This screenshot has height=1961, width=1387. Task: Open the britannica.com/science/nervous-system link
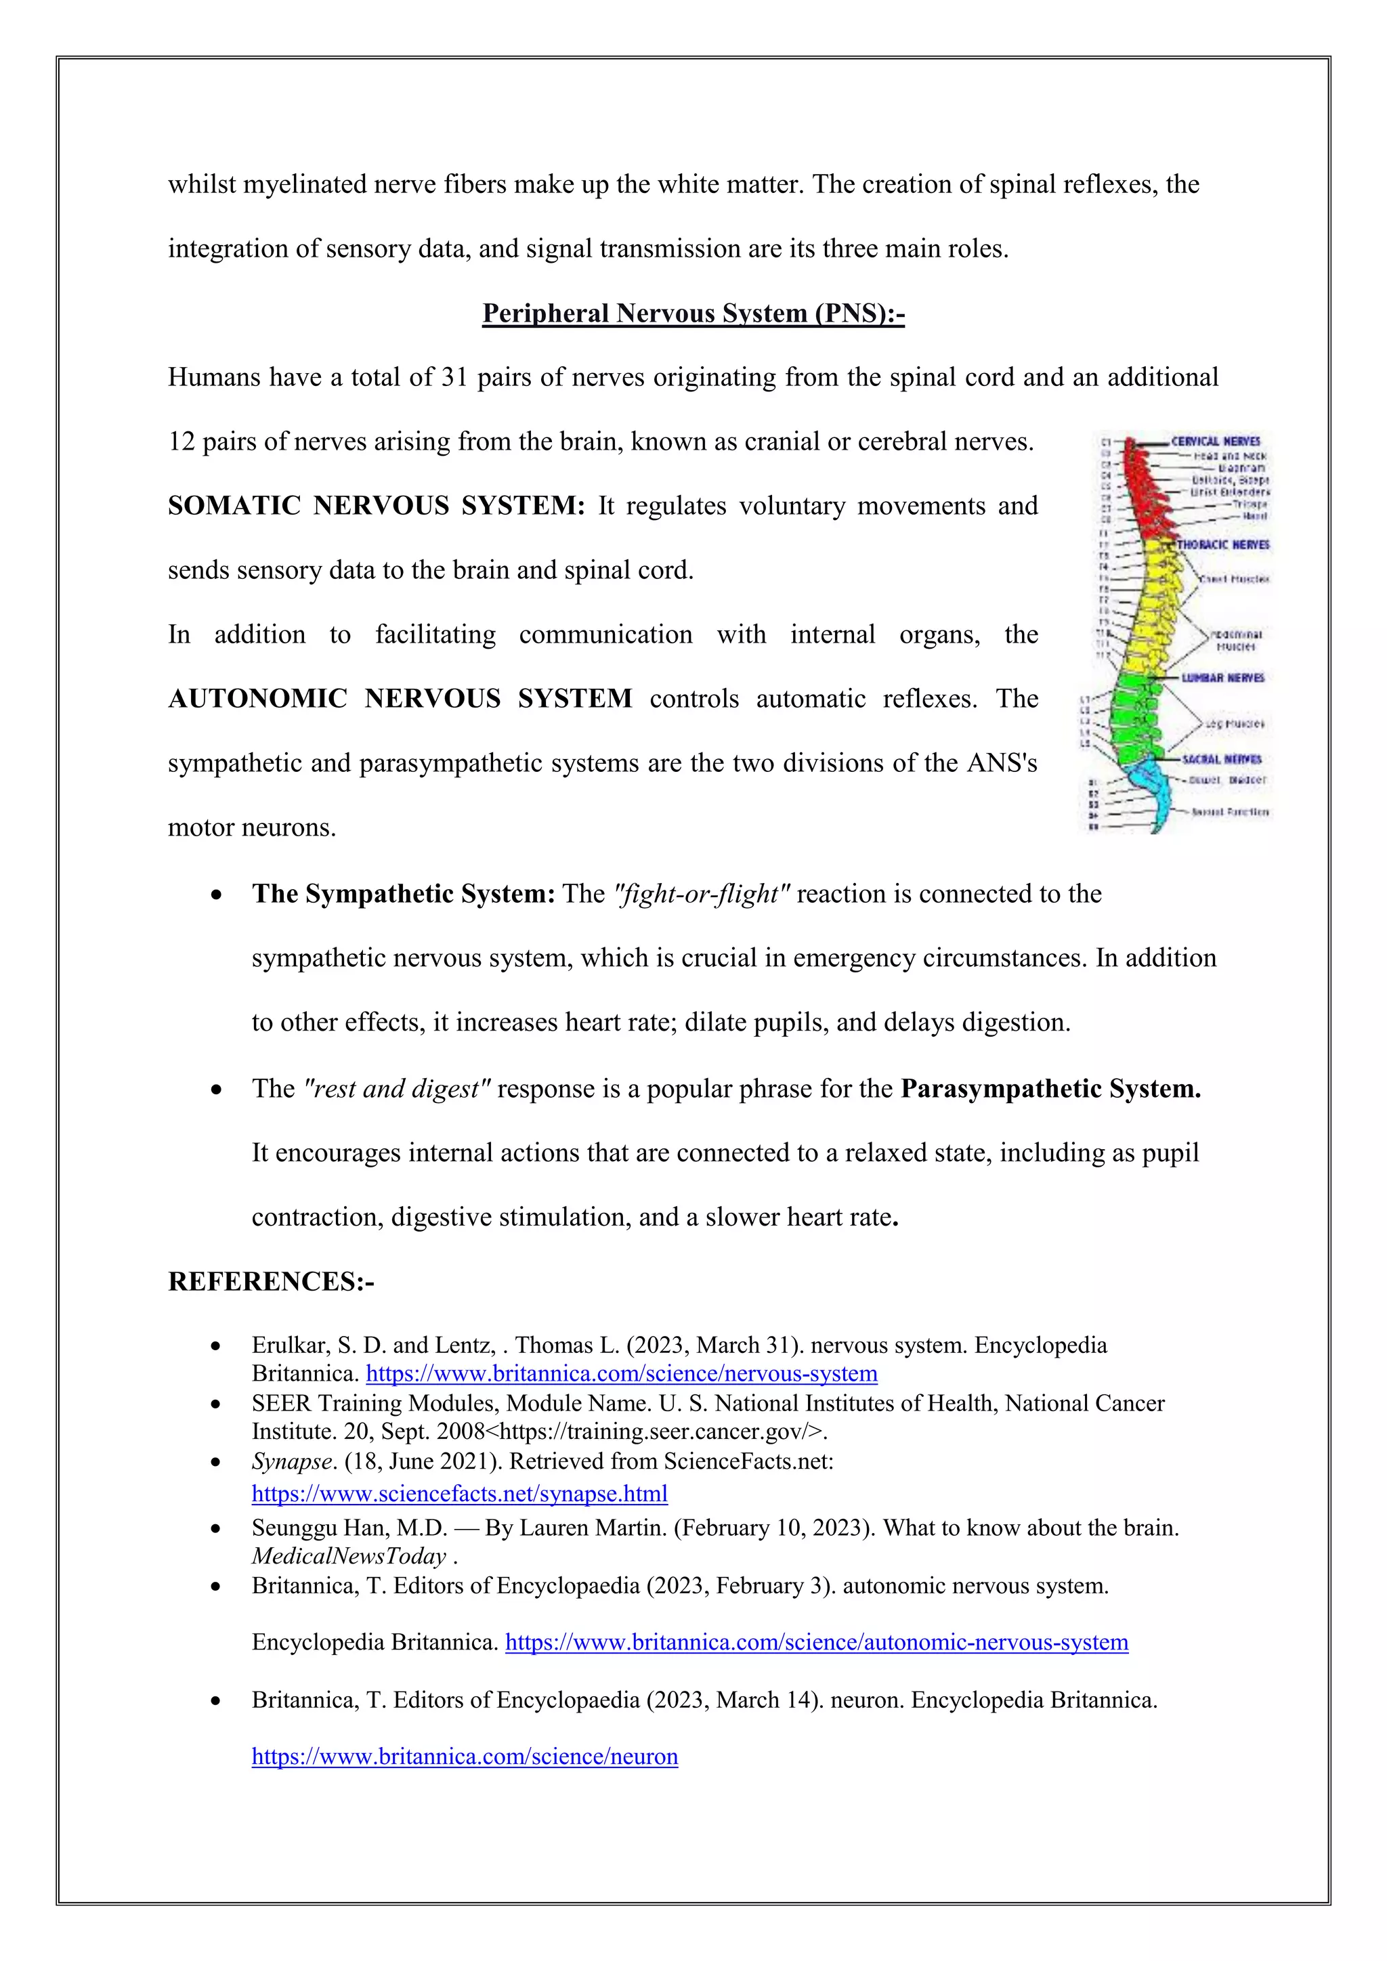click(621, 1373)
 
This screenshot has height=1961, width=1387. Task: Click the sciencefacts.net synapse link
click(459, 1494)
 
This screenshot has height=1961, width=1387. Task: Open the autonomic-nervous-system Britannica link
click(817, 1643)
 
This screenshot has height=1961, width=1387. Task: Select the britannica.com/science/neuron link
click(465, 1757)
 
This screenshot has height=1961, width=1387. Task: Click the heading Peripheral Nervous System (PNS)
click(693, 314)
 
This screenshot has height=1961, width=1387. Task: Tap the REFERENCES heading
click(271, 1281)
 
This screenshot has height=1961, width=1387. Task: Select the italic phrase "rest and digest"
click(397, 1088)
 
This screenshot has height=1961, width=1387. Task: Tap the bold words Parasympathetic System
click(1050, 1088)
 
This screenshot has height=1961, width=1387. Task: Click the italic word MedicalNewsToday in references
click(349, 1556)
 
